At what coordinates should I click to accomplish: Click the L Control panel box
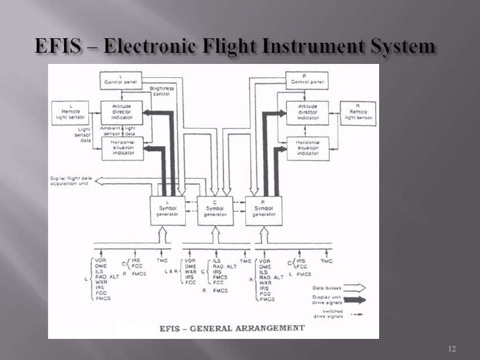(x=121, y=80)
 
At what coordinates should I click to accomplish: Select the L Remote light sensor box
(x=71, y=113)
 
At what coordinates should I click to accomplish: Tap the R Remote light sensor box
(x=358, y=113)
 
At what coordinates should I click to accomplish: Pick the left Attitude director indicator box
(x=121, y=113)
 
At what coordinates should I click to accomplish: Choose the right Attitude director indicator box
(x=307, y=113)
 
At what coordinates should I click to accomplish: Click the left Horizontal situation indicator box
(x=121, y=148)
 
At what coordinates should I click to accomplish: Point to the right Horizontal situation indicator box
(x=307, y=148)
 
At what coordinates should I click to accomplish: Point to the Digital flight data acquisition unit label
(x=71, y=181)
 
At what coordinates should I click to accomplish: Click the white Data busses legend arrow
(x=353, y=288)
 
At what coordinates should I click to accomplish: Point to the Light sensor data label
(x=84, y=135)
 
